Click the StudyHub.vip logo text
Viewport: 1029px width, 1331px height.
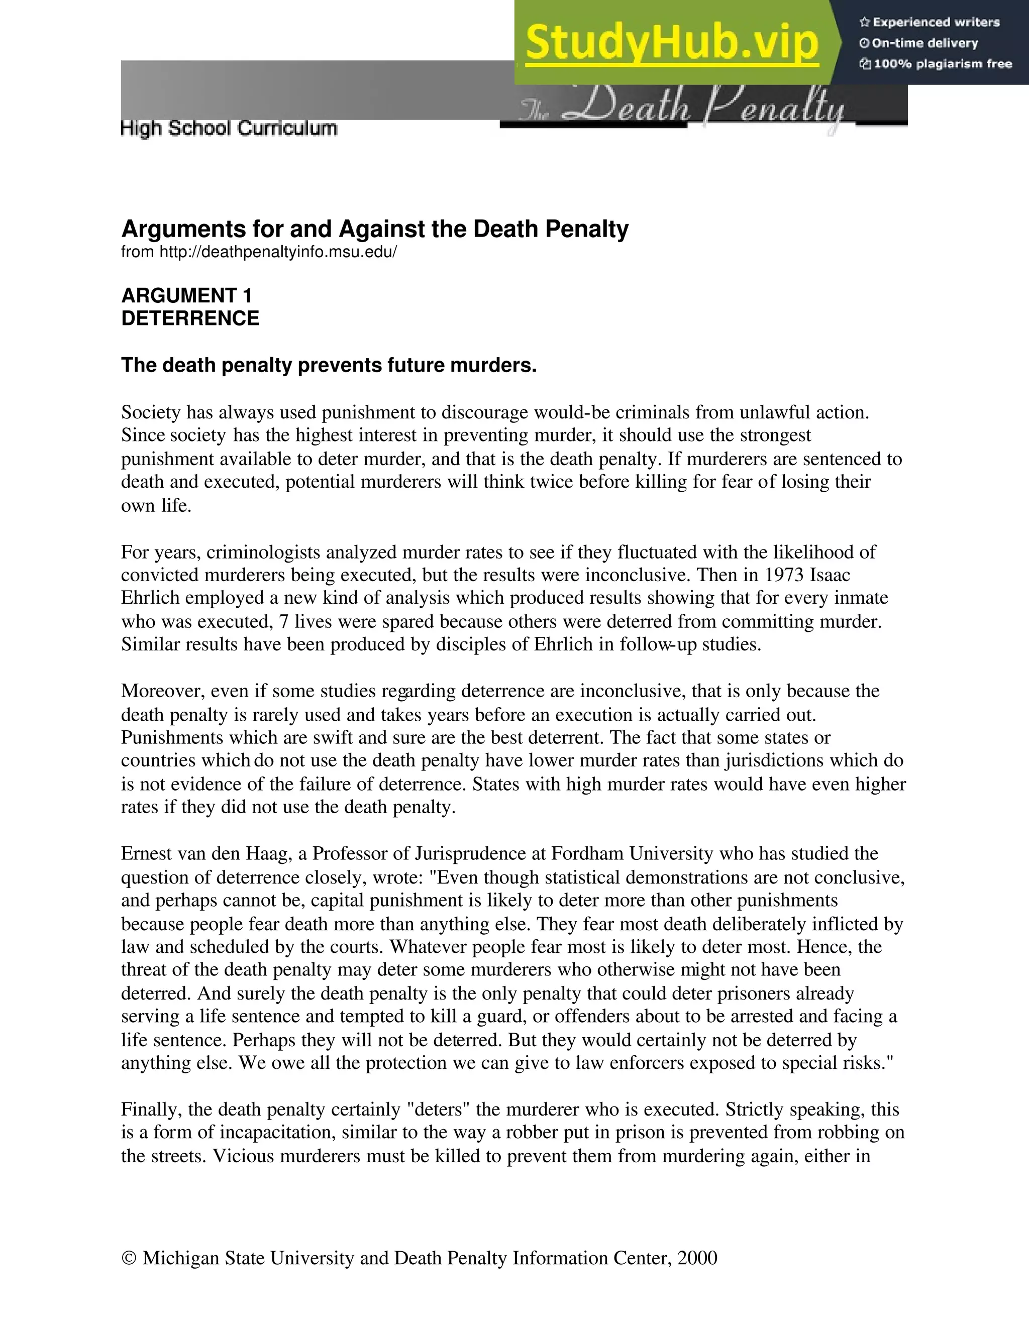[x=671, y=43]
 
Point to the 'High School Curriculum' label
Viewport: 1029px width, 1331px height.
[x=229, y=129]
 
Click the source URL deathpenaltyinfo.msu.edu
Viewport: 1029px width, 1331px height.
[x=278, y=252]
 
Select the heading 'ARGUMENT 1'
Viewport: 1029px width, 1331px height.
[x=186, y=295]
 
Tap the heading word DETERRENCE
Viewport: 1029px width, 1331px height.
[x=190, y=318]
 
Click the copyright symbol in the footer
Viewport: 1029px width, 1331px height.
[x=129, y=1258]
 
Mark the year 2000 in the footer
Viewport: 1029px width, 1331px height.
[x=697, y=1258]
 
